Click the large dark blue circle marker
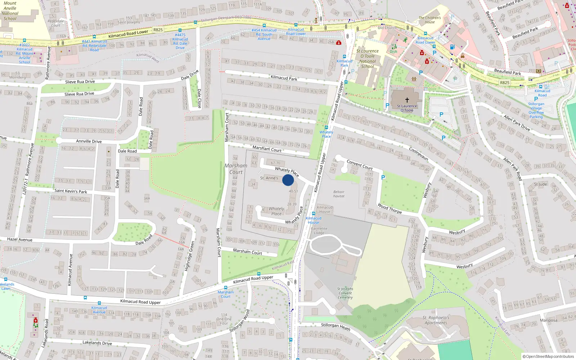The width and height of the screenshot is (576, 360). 288,180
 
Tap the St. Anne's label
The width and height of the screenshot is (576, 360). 269,178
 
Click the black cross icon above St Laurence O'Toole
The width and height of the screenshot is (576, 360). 407,100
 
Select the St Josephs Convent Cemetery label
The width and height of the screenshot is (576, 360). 345,293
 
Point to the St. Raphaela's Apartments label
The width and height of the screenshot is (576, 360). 436,320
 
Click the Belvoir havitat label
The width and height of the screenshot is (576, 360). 339,194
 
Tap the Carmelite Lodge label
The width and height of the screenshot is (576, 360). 319,230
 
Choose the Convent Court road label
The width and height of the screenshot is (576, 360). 359,165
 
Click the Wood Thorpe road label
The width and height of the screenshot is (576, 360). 390,208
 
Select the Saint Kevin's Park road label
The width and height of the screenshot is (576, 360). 71,191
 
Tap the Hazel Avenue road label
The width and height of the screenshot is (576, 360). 20,239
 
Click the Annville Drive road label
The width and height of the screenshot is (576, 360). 89,141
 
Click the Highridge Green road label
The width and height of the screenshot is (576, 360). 189,256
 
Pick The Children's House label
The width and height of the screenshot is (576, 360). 429,20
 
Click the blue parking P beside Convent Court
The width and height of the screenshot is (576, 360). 383,177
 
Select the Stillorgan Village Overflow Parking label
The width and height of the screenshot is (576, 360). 536,110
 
